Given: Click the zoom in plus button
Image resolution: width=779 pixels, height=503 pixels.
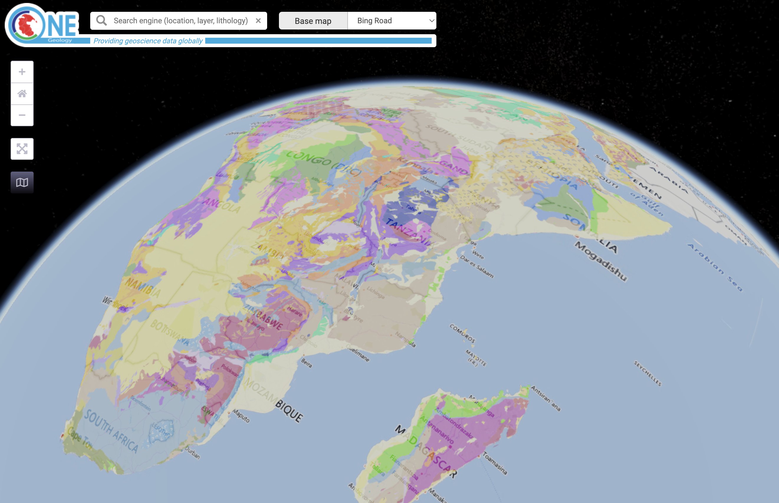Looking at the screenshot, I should tap(22, 72).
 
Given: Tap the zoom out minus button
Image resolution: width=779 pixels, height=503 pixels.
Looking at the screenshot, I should tap(22, 115).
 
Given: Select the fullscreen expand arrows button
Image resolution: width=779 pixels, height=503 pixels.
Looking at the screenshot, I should tap(22, 149).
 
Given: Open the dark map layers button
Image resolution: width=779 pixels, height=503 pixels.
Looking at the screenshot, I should tap(22, 182).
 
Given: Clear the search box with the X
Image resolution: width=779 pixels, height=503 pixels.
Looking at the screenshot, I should tap(258, 21).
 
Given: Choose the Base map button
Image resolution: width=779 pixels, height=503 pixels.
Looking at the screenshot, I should tap(313, 21).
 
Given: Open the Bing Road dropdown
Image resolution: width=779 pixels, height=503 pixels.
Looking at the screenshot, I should tap(392, 21).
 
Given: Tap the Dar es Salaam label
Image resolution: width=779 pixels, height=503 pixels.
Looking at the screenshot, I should tap(477, 267).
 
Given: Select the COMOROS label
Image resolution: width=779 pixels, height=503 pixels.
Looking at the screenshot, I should tap(462, 333).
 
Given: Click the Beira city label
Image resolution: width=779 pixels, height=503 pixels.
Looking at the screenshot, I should tap(306, 363).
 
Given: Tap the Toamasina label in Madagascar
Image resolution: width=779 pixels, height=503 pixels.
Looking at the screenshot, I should tap(495, 463).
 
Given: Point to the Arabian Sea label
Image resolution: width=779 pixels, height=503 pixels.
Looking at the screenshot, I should tap(715, 267).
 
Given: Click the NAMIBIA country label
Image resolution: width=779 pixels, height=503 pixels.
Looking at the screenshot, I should tap(143, 287).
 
